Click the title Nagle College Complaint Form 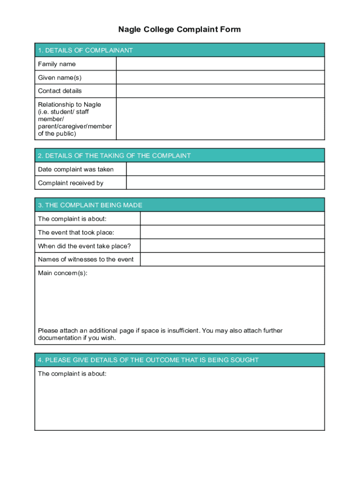180,29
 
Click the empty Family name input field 220,64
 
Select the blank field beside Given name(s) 220,77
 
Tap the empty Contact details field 220,91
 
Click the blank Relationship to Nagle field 220,119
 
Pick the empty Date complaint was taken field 225,169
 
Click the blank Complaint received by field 225,183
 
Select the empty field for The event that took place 232,232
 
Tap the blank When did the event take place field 232,246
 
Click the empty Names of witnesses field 232,260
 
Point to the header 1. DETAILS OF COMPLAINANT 86,50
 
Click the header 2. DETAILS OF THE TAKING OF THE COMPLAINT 115,156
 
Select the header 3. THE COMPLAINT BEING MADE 90,205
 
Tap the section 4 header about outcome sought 148,360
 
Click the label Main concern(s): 63,273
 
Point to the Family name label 57,64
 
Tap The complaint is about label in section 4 72,374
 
